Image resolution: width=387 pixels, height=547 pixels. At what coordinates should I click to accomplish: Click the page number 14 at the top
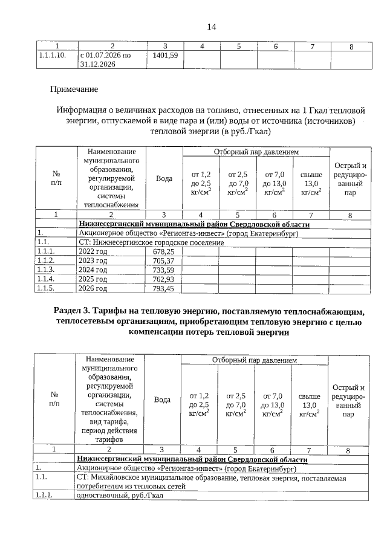211,27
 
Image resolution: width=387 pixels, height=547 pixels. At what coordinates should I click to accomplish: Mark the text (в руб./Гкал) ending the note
247,132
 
